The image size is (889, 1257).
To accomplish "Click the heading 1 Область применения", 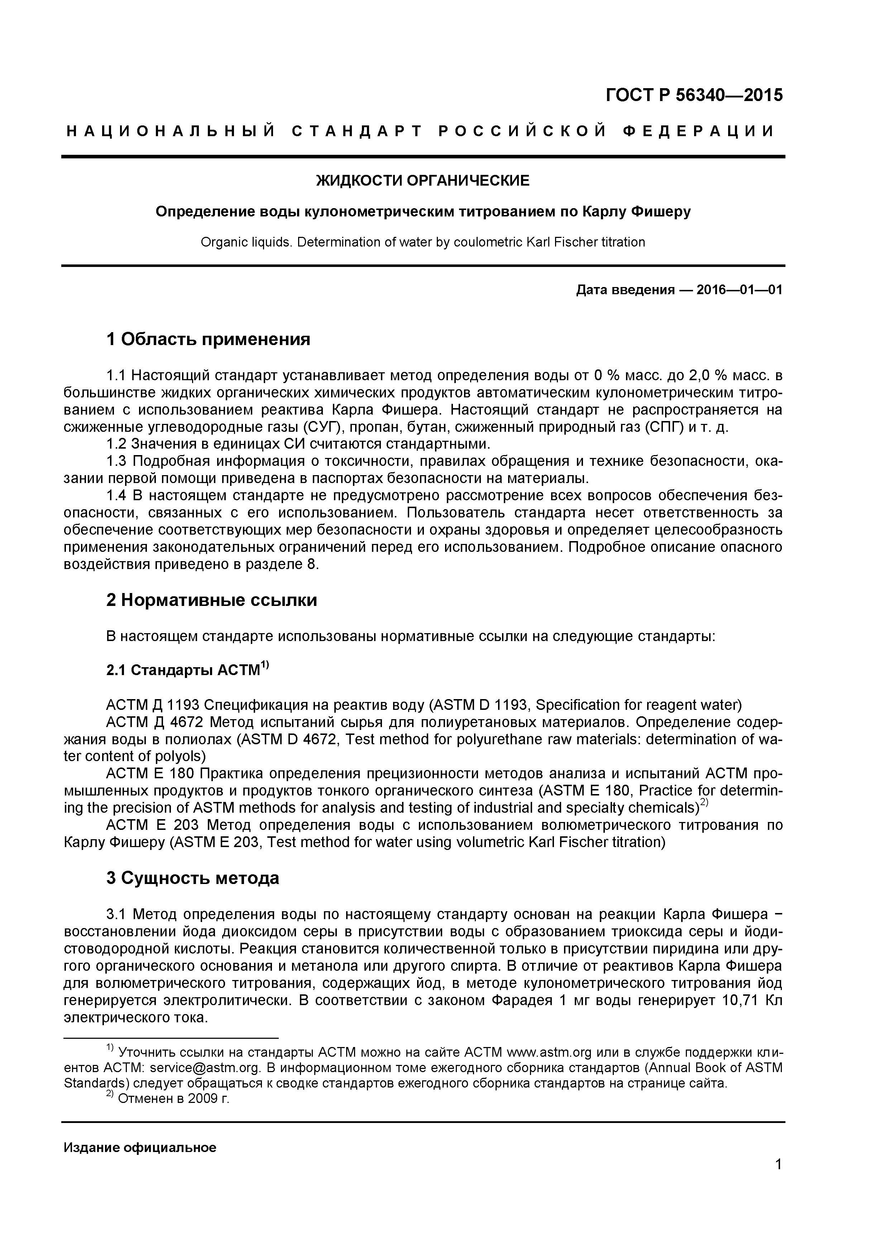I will coord(208,339).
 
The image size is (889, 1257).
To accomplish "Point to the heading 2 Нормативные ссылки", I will coord(211,601).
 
